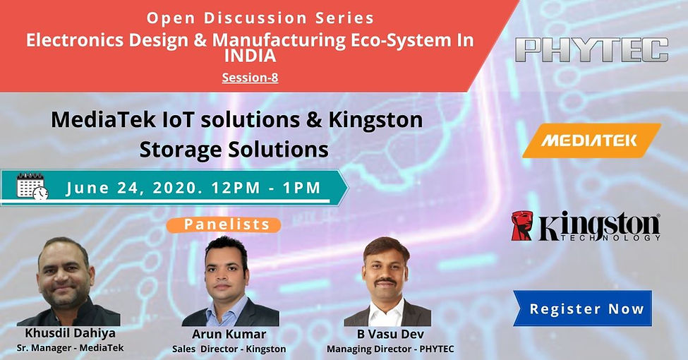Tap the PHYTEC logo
[591, 50]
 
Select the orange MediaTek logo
[589, 140]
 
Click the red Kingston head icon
[521, 226]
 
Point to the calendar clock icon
[32, 188]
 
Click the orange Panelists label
[227, 224]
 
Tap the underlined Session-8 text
[250, 78]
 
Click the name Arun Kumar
[229, 334]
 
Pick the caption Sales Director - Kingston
[229, 349]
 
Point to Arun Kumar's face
[227, 272]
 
